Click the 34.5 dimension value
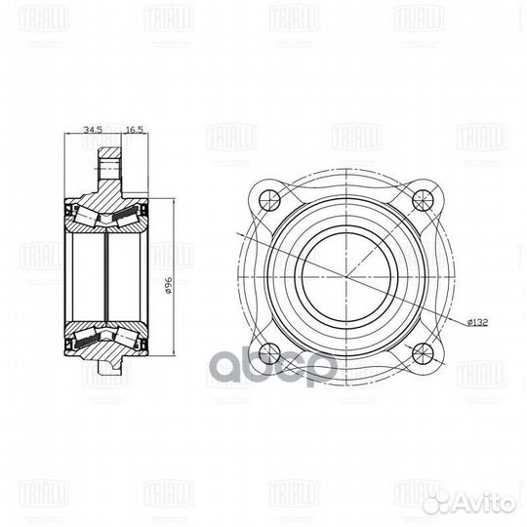pyautogui.click(x=93, y=129)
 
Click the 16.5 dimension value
pyautogui.click(x=134, y=129)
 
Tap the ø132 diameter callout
pyautogui.click(x=478, y=321)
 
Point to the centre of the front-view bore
pyautogui.click(x=347, y=276)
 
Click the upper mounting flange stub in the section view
pyautogui.click(x=109, y=166)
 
